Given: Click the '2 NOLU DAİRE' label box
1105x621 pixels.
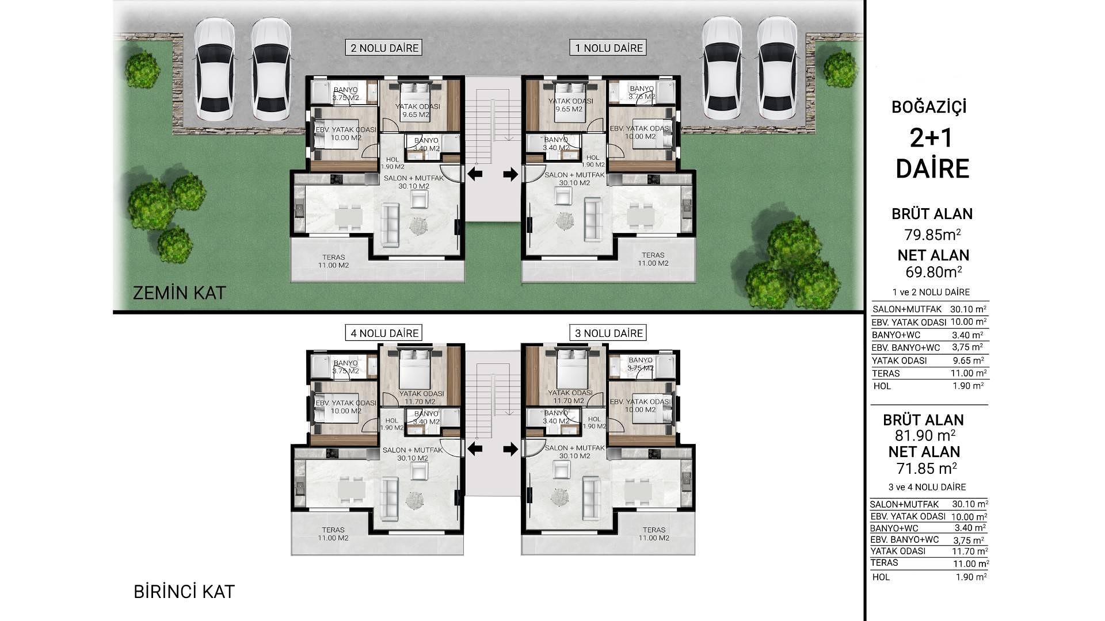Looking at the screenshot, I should (x=384, y=48).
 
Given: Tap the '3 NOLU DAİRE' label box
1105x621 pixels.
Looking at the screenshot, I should (x=609, y=333).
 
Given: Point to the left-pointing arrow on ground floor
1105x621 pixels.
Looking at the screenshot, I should (x=475, y=174).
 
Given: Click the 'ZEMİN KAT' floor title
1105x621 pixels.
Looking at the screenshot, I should (x=179, y=293).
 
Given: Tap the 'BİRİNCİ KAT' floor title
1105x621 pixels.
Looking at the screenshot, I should (x=184, y=592).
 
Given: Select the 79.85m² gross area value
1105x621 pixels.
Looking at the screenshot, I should (x=932, y=235).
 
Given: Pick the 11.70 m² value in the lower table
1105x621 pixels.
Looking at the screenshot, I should (x=969, y=551).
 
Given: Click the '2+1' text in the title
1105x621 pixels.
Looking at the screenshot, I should (x=932, y=139).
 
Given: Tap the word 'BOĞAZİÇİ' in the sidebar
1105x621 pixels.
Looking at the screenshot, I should (x=929, y=108).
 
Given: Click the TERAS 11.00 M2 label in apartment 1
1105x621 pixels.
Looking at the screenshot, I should (x=653, y=259).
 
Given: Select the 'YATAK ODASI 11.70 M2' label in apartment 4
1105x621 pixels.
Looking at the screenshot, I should (x=421, y=397).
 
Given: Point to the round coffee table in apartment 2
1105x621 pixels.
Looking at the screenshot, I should (x=418, y=225).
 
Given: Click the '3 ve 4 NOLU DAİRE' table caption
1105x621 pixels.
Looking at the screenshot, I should (x=927, y=487).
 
